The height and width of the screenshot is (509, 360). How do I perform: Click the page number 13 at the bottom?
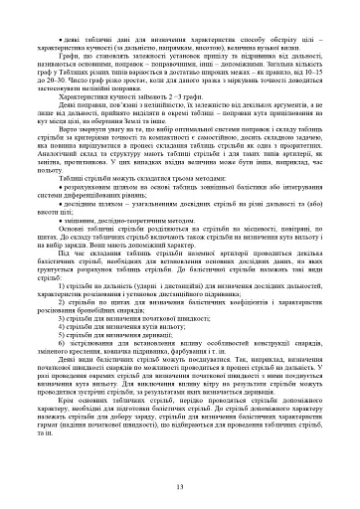pos(180,485)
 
